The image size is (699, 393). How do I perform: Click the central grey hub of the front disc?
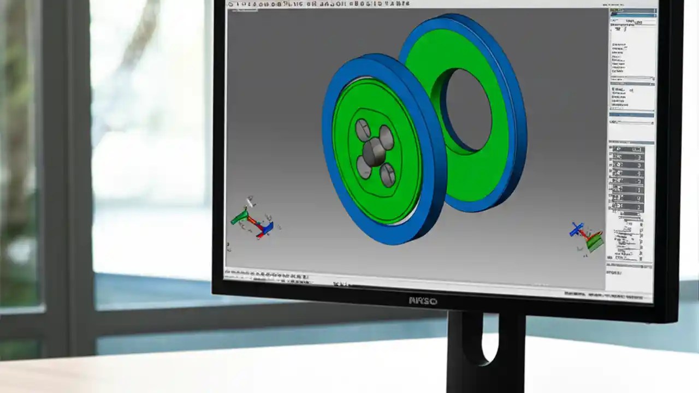375,151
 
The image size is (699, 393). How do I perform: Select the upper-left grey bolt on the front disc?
363,129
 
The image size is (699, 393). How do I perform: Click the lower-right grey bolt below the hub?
387,175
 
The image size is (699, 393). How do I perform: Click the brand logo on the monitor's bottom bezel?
423,301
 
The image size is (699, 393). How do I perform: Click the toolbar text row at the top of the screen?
319,4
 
